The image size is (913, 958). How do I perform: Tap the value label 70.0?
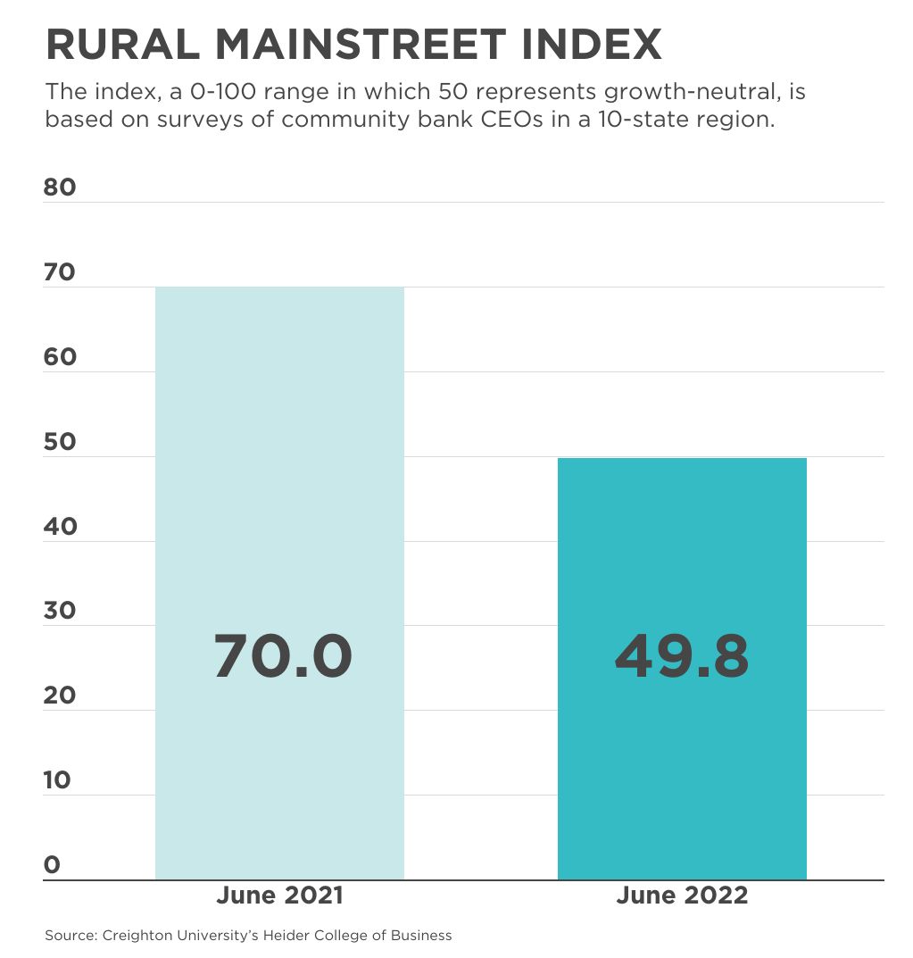pyautogui.click(x=283, y=656)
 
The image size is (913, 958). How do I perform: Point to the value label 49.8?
pyautogui.click(x=682, y=656)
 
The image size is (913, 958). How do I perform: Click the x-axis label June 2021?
pyautogui.click(x=279, y=896)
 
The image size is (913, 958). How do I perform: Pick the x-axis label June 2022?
pyautogui.click(x=682, y=896)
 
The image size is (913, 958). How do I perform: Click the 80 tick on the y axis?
pyautogui.click(x=60, y=187)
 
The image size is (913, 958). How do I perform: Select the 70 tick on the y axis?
pyautogui.click(x=60, y=272)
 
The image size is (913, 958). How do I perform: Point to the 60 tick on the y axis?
pyautogui.click(x=60, y=357)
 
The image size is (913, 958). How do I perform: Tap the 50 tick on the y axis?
pyautogui.click(x=60, y=442)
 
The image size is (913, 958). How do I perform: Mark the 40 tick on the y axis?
pyautogui.click(x=60, y=526)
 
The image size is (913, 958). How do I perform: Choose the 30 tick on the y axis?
pyautogui.click(x=60, y=611)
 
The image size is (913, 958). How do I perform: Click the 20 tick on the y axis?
pyautogui.click(x=60, y=696)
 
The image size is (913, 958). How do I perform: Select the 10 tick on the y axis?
pyautogui.click(x=57, y=780)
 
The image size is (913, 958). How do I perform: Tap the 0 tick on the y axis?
pyautogui.click(x=52, y=864)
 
